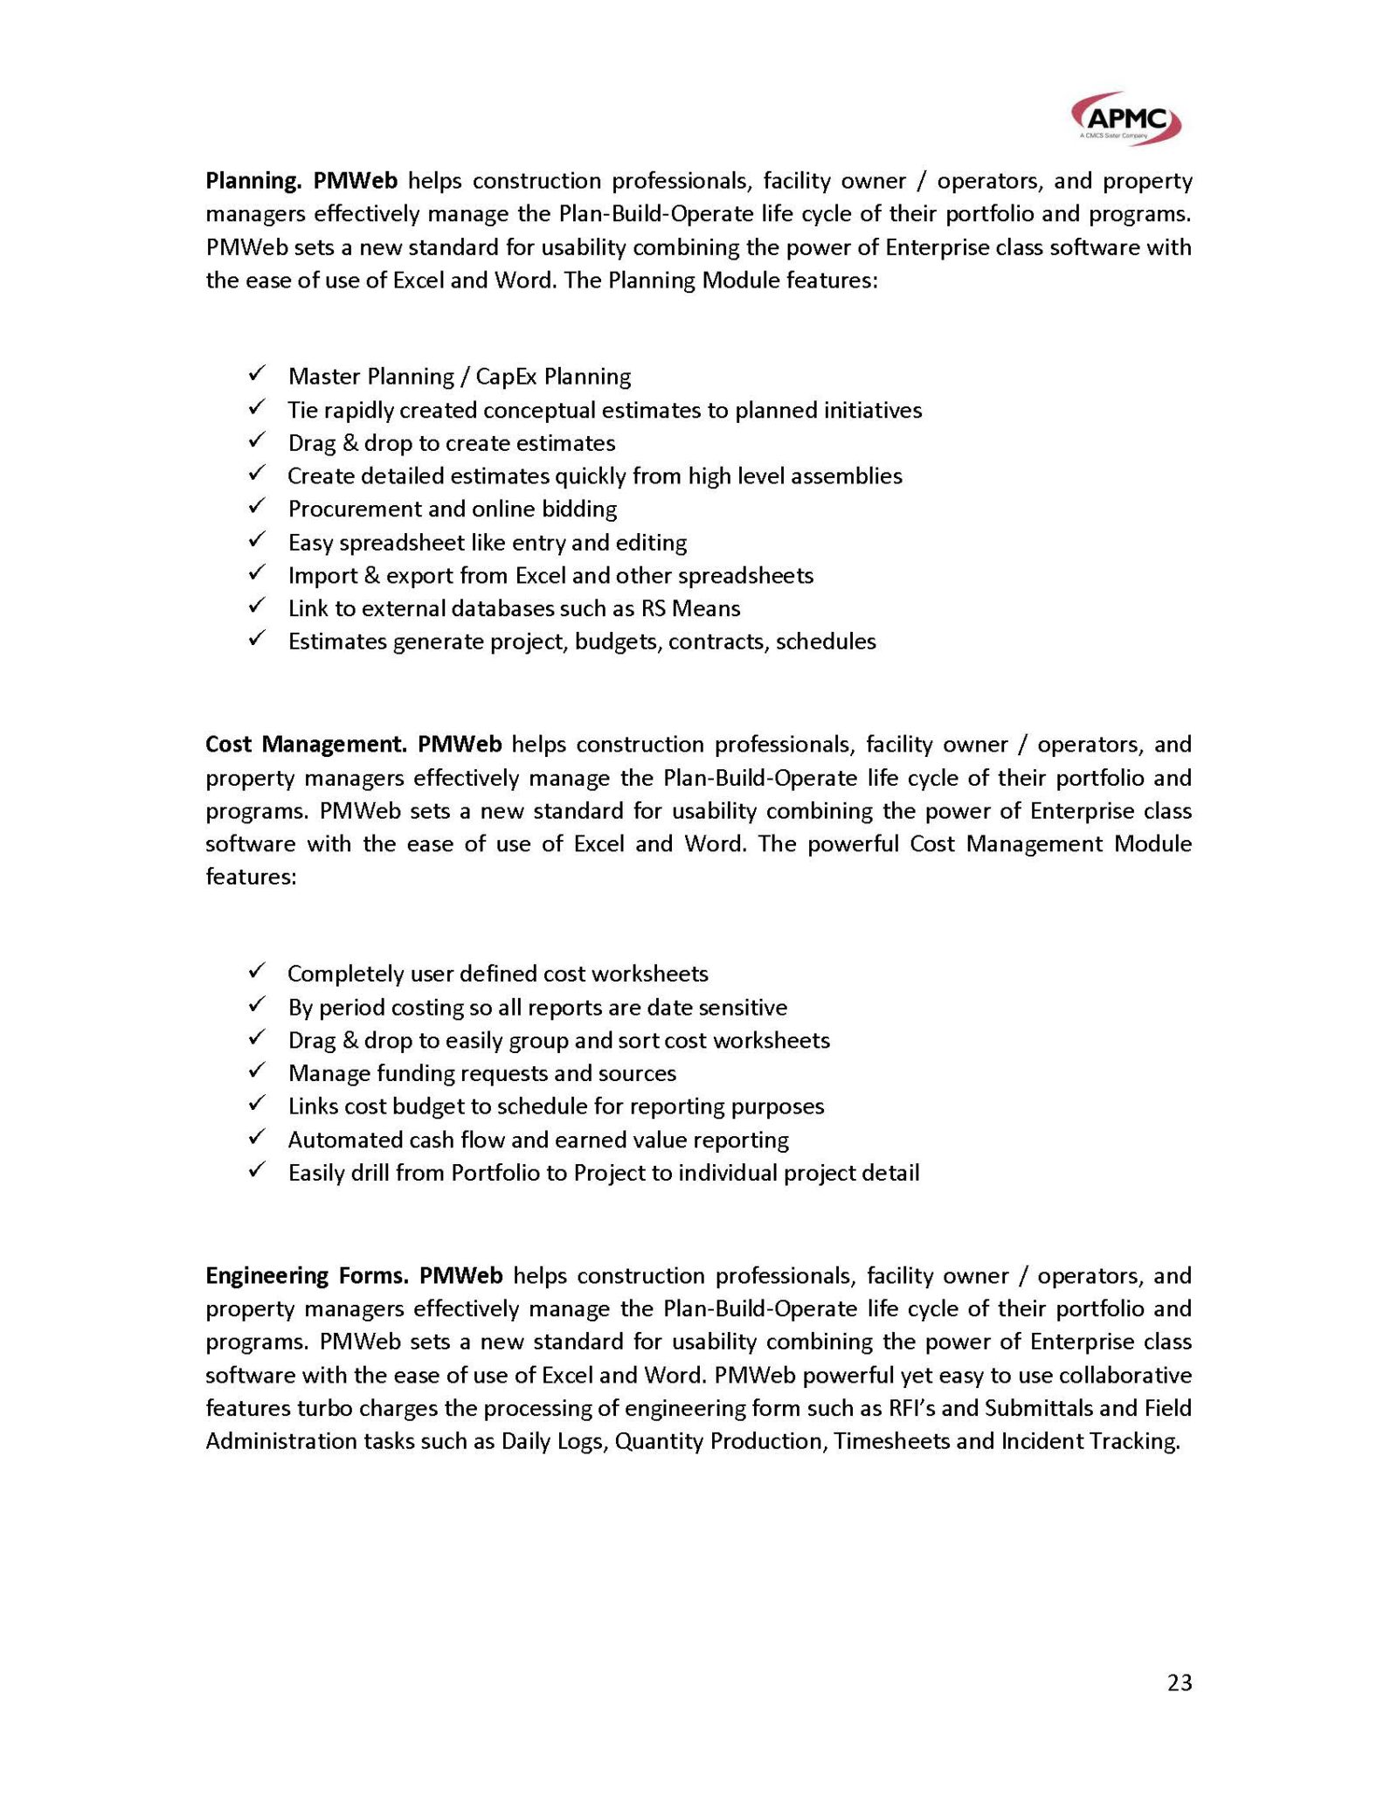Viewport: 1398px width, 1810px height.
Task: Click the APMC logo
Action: [1126, 119]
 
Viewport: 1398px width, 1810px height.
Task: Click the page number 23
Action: [1179, 1682]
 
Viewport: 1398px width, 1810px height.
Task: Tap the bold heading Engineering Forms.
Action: [307, 1276]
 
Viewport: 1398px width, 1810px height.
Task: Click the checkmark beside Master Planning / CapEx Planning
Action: [257, 375]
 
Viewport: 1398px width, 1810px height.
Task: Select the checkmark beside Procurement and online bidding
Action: [257, 507]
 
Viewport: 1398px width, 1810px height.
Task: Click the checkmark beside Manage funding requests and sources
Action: [257, 1071]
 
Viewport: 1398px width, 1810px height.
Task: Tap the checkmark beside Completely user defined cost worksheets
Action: [257, 972]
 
